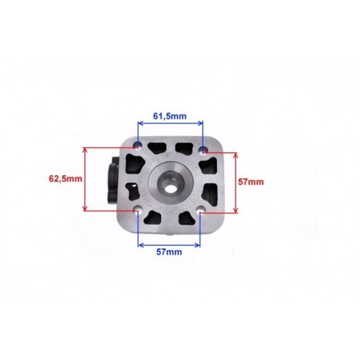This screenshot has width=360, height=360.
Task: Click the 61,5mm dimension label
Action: pos(170,116)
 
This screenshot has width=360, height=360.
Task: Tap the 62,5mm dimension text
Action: pos(65,178)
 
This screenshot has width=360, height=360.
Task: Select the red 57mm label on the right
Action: pos(251,182)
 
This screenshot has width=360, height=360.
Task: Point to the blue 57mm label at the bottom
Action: pos(169,252)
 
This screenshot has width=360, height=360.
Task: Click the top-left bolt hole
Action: pos(138,145)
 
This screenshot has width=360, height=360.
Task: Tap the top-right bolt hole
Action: pos(204,149)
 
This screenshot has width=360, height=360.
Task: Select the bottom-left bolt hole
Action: pos(137,209)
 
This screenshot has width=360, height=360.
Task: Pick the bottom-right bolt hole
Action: pos(201,210)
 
